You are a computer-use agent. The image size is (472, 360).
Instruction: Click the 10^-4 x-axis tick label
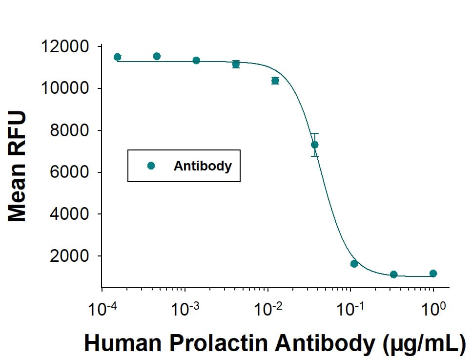coord(101,309)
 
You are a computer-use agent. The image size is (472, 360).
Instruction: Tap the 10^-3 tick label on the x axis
coord(184,309)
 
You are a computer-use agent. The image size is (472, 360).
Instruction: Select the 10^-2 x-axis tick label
coord(267,309)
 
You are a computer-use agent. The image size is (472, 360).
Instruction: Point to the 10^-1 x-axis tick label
coord(350,309)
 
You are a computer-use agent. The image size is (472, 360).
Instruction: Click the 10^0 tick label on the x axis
coord(433,309)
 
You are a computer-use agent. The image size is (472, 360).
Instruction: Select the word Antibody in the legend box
coord(203,166)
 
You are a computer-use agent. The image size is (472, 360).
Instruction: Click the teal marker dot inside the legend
coord(151,166)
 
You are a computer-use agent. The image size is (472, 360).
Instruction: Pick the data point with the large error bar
coord(315,145)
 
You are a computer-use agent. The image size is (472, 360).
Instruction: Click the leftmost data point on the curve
coord(117,57)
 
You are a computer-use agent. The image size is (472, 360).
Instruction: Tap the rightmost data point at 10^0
coord(433,274)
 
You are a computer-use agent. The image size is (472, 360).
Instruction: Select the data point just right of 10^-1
coord(354,264)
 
